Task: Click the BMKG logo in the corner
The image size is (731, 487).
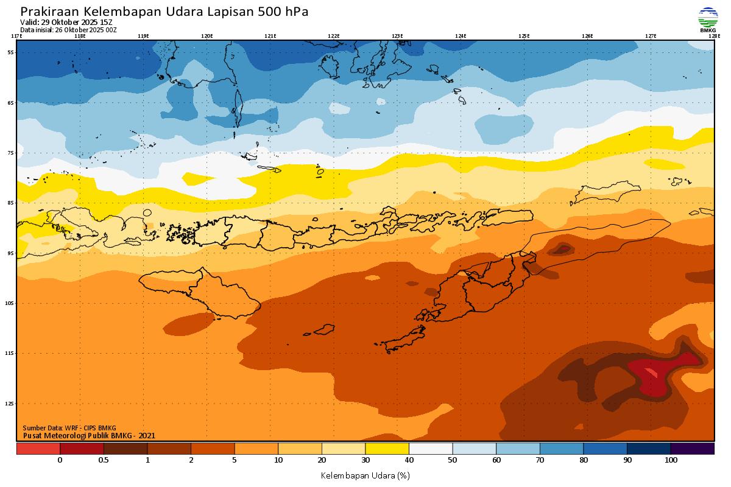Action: tap(708, 19)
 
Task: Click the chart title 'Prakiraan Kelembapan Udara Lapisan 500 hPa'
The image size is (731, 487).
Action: tap(164, 12)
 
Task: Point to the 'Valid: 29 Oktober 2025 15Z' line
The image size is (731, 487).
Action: tap(66, 23)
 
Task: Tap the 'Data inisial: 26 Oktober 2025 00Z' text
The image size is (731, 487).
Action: tap(68, 30)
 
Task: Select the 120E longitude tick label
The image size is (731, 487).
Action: tap(207, 36)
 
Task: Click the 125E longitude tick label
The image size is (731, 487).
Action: tap(524, 36)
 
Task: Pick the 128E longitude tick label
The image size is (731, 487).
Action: tap(714, 36)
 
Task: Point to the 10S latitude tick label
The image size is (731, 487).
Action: tap(10, 303)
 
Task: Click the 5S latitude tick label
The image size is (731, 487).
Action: tap(10, 52)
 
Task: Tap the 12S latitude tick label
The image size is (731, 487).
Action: tap(10, 404)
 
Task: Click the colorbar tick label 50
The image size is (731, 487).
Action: tap(453, 460)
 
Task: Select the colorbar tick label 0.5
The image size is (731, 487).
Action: tap(104, 460)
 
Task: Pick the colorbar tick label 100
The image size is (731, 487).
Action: tap(671, 460)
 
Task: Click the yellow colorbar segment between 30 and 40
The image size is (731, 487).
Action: tap(387, 449)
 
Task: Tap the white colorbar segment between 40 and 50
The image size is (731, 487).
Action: tap(431, 449)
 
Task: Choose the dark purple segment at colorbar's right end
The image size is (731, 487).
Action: tap(693, 449)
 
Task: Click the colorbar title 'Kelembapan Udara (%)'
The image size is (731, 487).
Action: tap(365, 475)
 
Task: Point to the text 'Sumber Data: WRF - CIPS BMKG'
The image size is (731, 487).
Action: tap(69, 428)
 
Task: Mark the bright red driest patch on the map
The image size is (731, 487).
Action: tap(651, 373)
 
